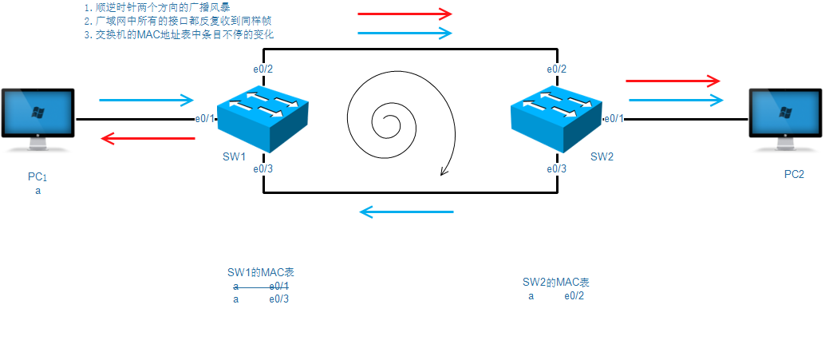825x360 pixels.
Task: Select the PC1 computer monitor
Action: [x=37, y=117]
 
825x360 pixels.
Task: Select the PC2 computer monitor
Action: [x=785, y=117]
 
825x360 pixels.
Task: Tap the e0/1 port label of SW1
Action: [x=206, y=119]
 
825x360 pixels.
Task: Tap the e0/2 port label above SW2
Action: [x=557, y=69]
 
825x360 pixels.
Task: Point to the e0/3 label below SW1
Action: [x=263, y=168]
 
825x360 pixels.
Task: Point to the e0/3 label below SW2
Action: [x=557, y=168]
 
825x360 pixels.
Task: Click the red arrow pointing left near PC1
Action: [x=148, y=139]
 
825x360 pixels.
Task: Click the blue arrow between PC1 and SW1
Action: [x=147, y=101]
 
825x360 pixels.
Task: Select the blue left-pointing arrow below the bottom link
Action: [x=406, y=212]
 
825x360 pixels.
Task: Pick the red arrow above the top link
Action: [x=405, y=14]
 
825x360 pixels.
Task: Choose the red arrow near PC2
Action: [x=673, y=81]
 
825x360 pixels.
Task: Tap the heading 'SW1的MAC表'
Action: [x=261, y=273]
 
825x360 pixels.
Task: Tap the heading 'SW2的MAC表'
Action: [x=556, y=283]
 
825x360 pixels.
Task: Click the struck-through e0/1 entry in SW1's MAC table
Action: [x=279, y=286]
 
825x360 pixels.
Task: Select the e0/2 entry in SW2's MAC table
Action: [x=574, y=296]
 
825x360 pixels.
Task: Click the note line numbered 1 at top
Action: [x=157, y=7]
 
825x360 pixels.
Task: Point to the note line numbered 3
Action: [x=180, y=35]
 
